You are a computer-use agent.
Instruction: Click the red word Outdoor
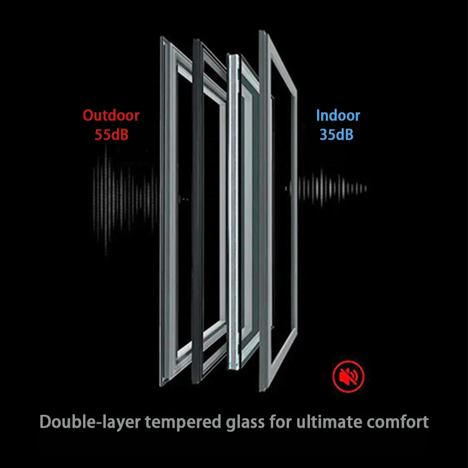coord(111,115)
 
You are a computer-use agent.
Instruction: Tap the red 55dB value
coord(111,135)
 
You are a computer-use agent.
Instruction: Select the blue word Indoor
coord(338,115)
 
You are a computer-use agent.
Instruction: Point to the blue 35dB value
coord(336,135)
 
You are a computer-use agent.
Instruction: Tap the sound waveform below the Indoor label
coord(328,188)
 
